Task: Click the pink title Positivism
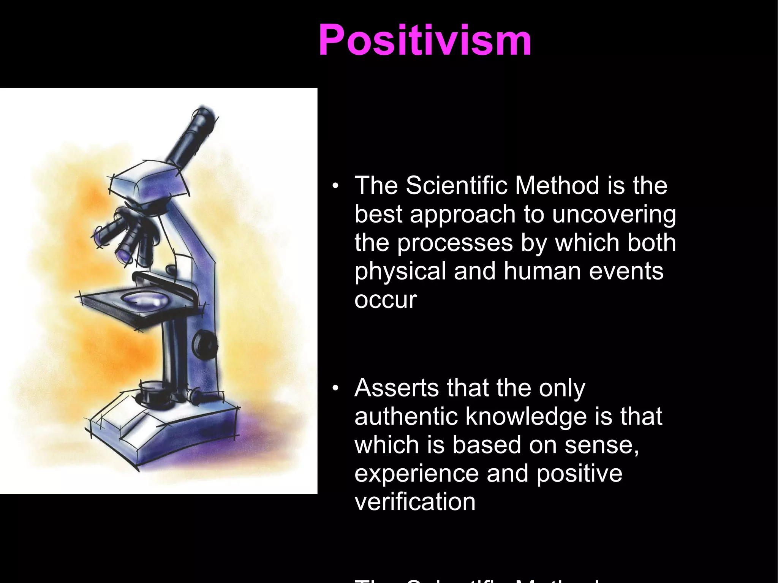coord(425,40)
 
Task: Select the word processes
coord(455,243)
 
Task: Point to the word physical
coord(400,272)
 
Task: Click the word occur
coord(385,300)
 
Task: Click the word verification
coord(414,502)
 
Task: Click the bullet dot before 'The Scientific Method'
coord(335,186)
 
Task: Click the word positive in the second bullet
coord(579,474)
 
